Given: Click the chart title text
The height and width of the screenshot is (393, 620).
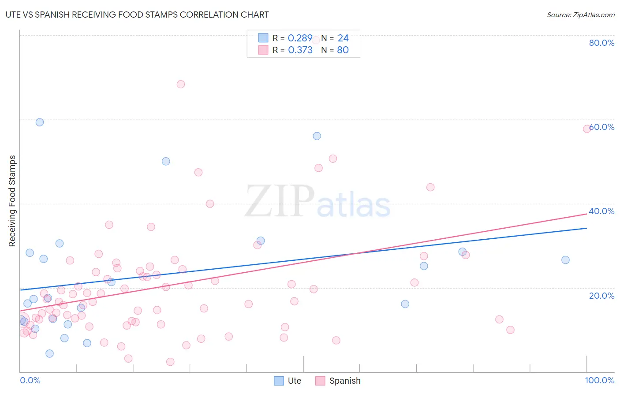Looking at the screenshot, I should [137, 15].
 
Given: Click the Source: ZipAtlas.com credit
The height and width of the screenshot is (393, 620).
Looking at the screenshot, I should [580, 15].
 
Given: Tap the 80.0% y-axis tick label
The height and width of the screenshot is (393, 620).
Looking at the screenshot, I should [601, 43].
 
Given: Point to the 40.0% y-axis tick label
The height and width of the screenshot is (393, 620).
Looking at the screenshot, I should [601, 211].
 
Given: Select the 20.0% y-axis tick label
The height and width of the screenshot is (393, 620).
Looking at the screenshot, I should [601, 295].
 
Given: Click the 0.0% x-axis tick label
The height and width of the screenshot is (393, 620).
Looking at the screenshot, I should [30, 380].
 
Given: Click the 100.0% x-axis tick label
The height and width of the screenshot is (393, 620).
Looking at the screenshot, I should [599, 380].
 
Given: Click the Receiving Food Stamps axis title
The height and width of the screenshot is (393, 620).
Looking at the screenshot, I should [12, 201].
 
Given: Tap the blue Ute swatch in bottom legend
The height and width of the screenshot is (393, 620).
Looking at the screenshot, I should [279, 381].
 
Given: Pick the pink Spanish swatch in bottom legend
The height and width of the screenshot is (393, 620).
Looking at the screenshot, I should [320, 381].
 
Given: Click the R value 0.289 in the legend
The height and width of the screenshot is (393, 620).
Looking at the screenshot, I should [300, 38].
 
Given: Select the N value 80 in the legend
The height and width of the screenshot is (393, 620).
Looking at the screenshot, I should [343, 50].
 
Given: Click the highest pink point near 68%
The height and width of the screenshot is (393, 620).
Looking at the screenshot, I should [181, 84].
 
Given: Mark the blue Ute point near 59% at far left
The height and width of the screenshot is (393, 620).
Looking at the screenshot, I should [40, 122].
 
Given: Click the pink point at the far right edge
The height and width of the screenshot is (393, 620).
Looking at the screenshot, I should [587, 129].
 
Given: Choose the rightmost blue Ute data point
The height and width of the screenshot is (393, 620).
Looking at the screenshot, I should [565, 260].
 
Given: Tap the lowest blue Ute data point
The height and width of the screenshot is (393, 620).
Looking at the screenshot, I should [49, 353].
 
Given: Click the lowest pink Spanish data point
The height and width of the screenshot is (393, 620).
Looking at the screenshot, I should [170, 362].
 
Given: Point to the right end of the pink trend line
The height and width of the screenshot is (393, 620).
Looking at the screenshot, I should [587, 214].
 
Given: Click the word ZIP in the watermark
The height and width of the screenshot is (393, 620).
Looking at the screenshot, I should [279, 201].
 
